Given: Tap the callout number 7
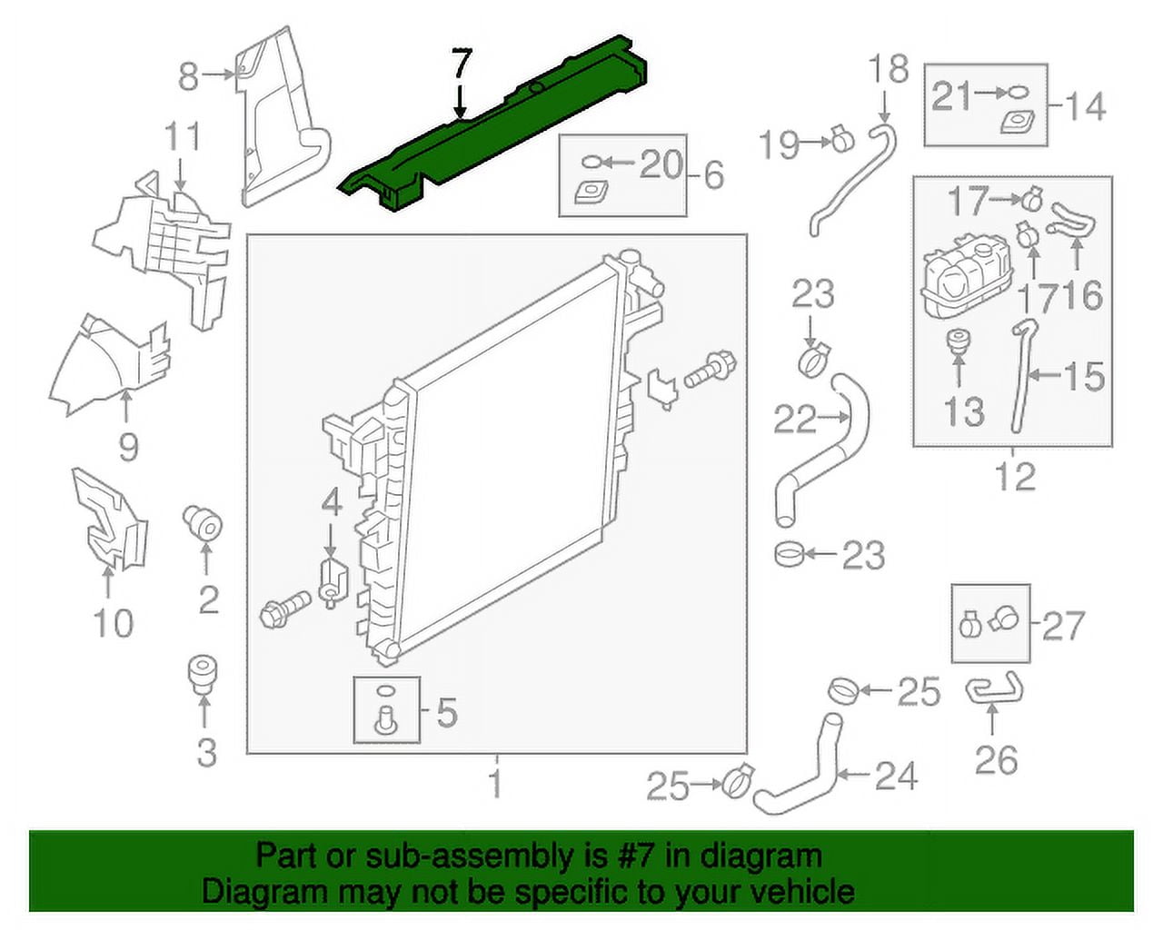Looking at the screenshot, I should [462, 65].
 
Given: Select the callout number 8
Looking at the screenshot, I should [188, 76].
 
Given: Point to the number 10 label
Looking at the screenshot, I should [113, 623].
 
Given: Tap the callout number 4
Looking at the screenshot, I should [332, 502].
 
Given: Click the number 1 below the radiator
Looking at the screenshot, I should [495, 782].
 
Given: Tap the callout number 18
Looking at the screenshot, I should [888, 69].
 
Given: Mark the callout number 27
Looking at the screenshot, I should [1063, 625].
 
